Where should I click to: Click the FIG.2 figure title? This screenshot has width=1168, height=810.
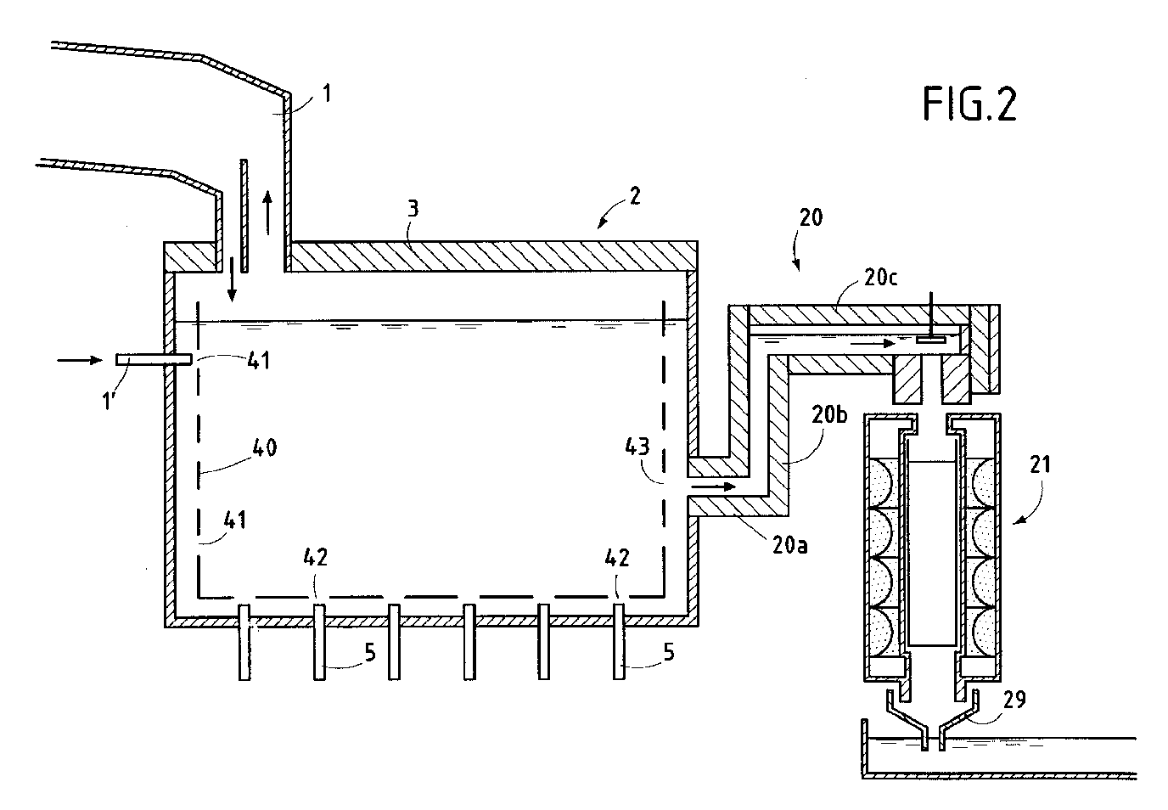tap(970, 104)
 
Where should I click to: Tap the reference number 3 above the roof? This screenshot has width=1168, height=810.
tap(413, 209)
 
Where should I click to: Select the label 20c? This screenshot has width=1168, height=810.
tap(881, 278)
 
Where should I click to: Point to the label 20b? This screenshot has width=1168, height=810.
tap(829, 414)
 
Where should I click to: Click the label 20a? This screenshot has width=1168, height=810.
tap(790, 545)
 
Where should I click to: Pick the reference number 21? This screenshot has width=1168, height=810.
tap(1041, 464)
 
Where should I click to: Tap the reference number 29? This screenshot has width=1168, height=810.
tap(1014, 700)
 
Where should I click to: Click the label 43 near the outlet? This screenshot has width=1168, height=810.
tap(637, 447)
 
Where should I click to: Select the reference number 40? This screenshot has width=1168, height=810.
tap(264, 447)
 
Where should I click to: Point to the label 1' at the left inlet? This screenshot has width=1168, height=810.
tap(109, 401)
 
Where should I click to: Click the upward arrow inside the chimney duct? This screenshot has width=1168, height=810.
tap(267, 213)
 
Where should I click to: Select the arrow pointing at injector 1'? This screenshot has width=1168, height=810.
tap(80, 360)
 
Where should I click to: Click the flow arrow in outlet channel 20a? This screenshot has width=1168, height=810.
tap(713, 487)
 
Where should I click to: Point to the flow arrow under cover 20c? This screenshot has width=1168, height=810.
tap(873, 344)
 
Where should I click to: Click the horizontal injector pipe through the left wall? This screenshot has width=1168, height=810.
tap(154, 359)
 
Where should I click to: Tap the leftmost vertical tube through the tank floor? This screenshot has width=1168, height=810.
tap(244, 642)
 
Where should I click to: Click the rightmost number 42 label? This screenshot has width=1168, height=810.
tap(617, 558)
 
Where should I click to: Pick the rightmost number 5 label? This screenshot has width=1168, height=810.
tap(669, 652)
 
